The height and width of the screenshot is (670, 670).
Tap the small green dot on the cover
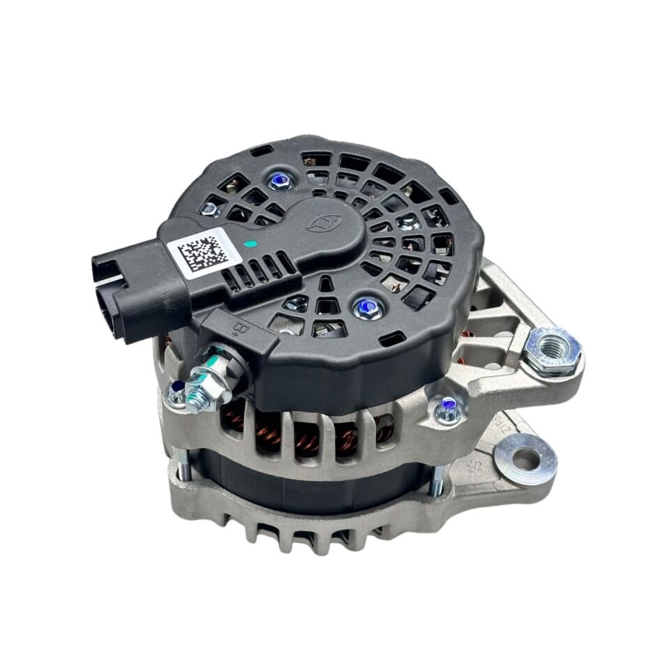(251, 245)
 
